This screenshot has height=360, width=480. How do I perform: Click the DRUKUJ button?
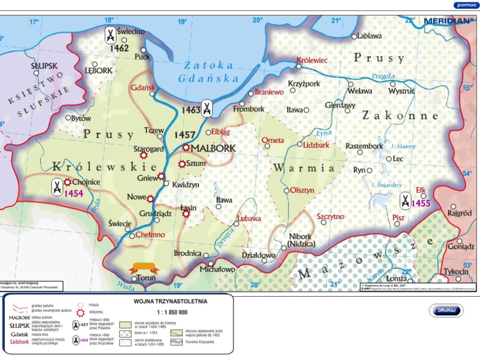[446, 310]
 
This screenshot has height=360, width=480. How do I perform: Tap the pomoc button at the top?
[466, 5]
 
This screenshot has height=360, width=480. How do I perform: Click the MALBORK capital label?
[213, 148]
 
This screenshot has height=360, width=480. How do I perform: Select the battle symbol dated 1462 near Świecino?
[110, 35]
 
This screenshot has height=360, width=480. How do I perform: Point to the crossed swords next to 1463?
[207, 109]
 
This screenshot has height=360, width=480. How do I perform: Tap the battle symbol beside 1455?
[405, 200]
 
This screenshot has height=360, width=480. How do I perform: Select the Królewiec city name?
[312, 60]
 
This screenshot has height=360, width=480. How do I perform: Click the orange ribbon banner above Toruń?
[143, 267]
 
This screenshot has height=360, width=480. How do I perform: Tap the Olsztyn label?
[302, 190]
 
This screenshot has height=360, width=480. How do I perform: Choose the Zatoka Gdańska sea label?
[208, 72]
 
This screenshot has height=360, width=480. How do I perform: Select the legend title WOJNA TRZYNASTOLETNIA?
[170, 301]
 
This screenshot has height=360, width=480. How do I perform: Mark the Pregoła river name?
[383, 76]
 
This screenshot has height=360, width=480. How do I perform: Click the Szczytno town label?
[330, 216]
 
